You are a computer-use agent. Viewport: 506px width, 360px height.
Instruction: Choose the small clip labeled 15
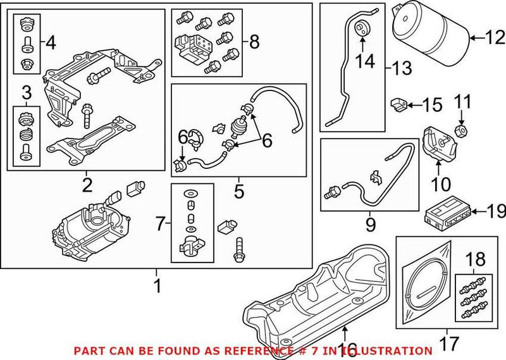point(397,102)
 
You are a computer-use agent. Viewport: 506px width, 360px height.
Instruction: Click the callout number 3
point(27,94)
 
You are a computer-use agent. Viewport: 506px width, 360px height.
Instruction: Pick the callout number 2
point(87,185)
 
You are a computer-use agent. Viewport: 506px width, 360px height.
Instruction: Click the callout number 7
point(161,222)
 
